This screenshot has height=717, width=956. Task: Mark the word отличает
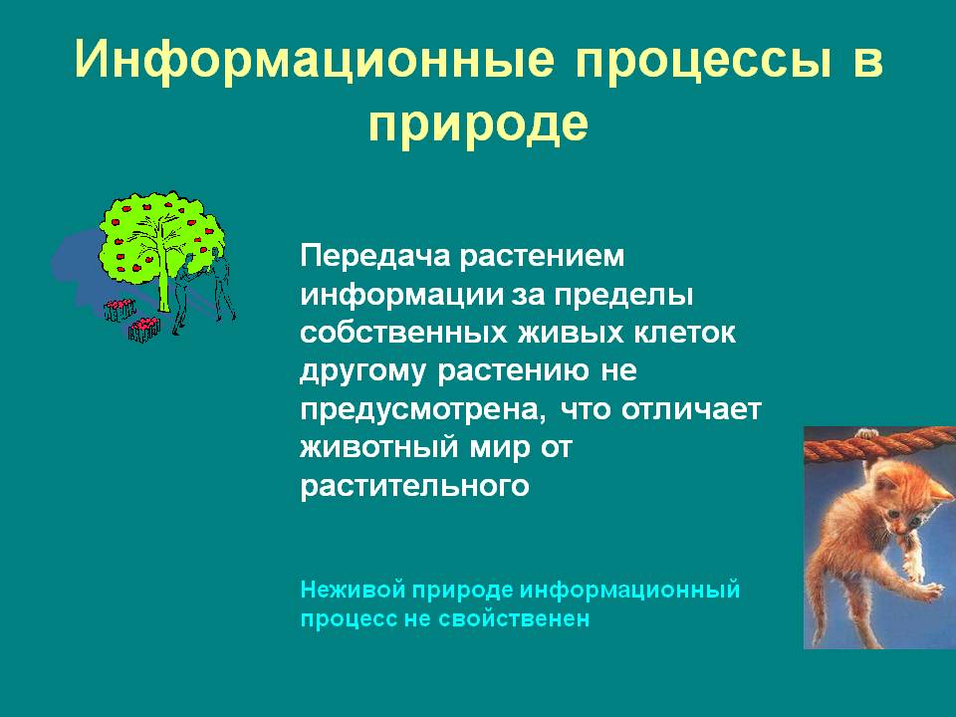(x=691, y=409)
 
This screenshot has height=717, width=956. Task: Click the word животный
(x=378, y=448)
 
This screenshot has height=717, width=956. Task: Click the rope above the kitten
(x=879, y=444)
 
